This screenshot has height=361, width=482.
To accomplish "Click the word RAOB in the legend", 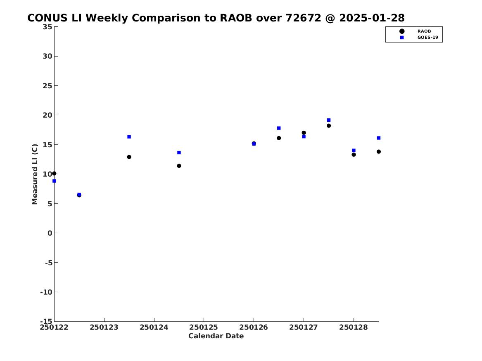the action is (x=424, y=31).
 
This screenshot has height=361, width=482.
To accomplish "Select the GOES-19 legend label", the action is (x=427, y=38).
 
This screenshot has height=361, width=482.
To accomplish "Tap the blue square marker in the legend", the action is (x=402, y=38).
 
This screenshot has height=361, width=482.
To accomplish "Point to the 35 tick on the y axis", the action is (x=47, y=27).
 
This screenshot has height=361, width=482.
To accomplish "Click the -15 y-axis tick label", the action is (x=46, y=321).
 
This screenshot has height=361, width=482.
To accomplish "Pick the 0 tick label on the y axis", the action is (x=50, y=233).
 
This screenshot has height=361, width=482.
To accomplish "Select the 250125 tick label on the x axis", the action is (x=204, y=327).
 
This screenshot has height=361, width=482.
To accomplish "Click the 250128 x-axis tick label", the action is (x=354, y=327).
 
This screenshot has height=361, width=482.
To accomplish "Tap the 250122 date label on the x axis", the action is (x=54, y=327).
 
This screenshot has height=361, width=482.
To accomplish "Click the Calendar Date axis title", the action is (x=216, y=336).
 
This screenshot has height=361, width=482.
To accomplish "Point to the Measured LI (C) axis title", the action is (x=35, y=174).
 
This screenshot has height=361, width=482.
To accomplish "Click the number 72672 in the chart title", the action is (x=304, y=18).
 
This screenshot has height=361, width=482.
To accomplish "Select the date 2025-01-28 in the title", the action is (x=372, y=18).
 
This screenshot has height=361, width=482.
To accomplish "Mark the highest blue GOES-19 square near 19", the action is (x=329, y=120).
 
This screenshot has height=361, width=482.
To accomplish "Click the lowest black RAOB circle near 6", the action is (x=79, y=195).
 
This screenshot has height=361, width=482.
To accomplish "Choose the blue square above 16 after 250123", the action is (x=129, y=137).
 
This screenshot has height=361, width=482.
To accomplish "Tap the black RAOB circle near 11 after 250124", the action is (x=179, y=166).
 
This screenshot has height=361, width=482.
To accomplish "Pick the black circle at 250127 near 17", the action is (x=304, y=132).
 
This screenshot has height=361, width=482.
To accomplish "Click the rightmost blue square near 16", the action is (x=379, y=138).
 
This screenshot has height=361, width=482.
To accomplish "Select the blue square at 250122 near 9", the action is (x=54, y=181).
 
